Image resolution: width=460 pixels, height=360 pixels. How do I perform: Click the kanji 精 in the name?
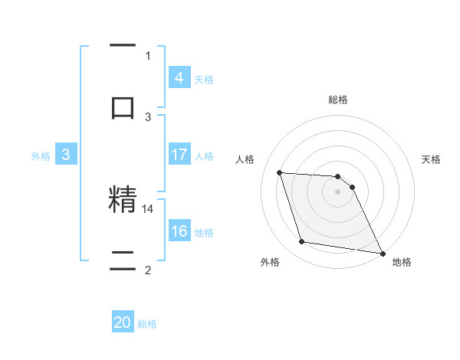pyautogui.click(x=123, y=200)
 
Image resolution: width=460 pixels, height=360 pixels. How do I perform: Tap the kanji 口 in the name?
pyautogui.click(x=123, y=107)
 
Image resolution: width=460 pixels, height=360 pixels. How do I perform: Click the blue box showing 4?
pyautogui.click(x=179, y=77)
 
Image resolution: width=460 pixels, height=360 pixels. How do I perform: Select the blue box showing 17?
pyautogui.click(x=179, y=155)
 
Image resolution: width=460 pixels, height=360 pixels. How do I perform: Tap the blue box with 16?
pyautogui.click(x=179, y=231)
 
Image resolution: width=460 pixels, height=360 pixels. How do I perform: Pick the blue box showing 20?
pyautogui.click(x=123, y=322)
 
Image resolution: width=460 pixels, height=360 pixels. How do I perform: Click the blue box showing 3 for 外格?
pyautogui.click(x=66, y=155)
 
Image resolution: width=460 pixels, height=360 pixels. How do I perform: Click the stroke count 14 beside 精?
pyautogui.click(x=149, y=208)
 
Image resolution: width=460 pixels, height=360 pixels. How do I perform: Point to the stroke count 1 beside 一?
pyautogui.click(x=148, y=55)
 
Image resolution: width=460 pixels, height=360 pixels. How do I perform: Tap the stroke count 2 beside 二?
pyautogui.click(x=148, y=270)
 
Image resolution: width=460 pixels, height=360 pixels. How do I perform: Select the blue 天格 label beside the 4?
pyautogui.click(x=204, y=79)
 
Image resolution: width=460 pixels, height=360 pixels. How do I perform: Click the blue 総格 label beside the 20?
pyautogui.click(x=148, y=324)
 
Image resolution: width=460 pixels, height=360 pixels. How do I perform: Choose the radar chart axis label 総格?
pyautogui.click(x=338, y=100)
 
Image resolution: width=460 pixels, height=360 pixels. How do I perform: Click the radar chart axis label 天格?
pyautogui.click(x=432, y=159)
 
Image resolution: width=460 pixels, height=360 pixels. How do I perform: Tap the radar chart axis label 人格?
pyautogui.click(x=245, y=159)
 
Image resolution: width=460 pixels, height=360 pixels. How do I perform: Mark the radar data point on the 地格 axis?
pyautogui.click(x=382, y=252)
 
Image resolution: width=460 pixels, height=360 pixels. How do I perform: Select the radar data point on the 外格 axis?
pyautogui.click(x=302, y=242)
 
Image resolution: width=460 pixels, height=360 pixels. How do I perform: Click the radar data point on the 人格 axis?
pyautogui.click(x=279, y=172)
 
